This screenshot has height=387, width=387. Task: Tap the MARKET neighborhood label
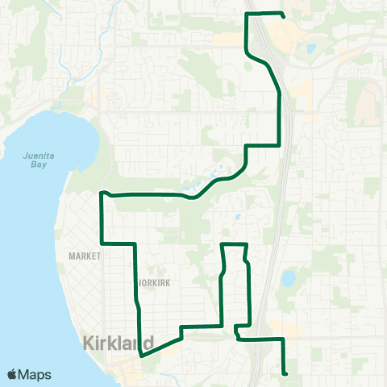click(x=84, y=256)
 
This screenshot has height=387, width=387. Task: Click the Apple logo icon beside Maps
click(x=13, y=374)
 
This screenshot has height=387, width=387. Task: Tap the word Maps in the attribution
click(x=35, y=374)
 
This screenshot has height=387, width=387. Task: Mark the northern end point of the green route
click(x=284, y=15)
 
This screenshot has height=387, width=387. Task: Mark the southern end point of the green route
click(x=286, y=373)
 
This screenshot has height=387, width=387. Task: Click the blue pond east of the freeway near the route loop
click(x=288, y=279)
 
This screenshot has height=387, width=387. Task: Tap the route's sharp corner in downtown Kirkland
click(x=141, y=355)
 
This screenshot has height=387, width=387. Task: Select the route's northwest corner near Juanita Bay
click(x=101, y=193)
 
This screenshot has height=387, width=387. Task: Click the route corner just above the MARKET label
click(x=101, y=243)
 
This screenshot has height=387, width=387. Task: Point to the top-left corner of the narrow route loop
click(x=222, y=243)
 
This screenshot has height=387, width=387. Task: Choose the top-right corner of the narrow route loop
click(x=245, y=243)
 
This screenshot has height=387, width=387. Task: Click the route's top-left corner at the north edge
click(x=246, y=14)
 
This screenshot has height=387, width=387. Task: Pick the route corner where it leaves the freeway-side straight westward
click(x=279, y=145)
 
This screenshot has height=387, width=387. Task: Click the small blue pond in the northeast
click(x=311, y=48)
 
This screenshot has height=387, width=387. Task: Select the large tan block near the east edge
click(x=368, y=101)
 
